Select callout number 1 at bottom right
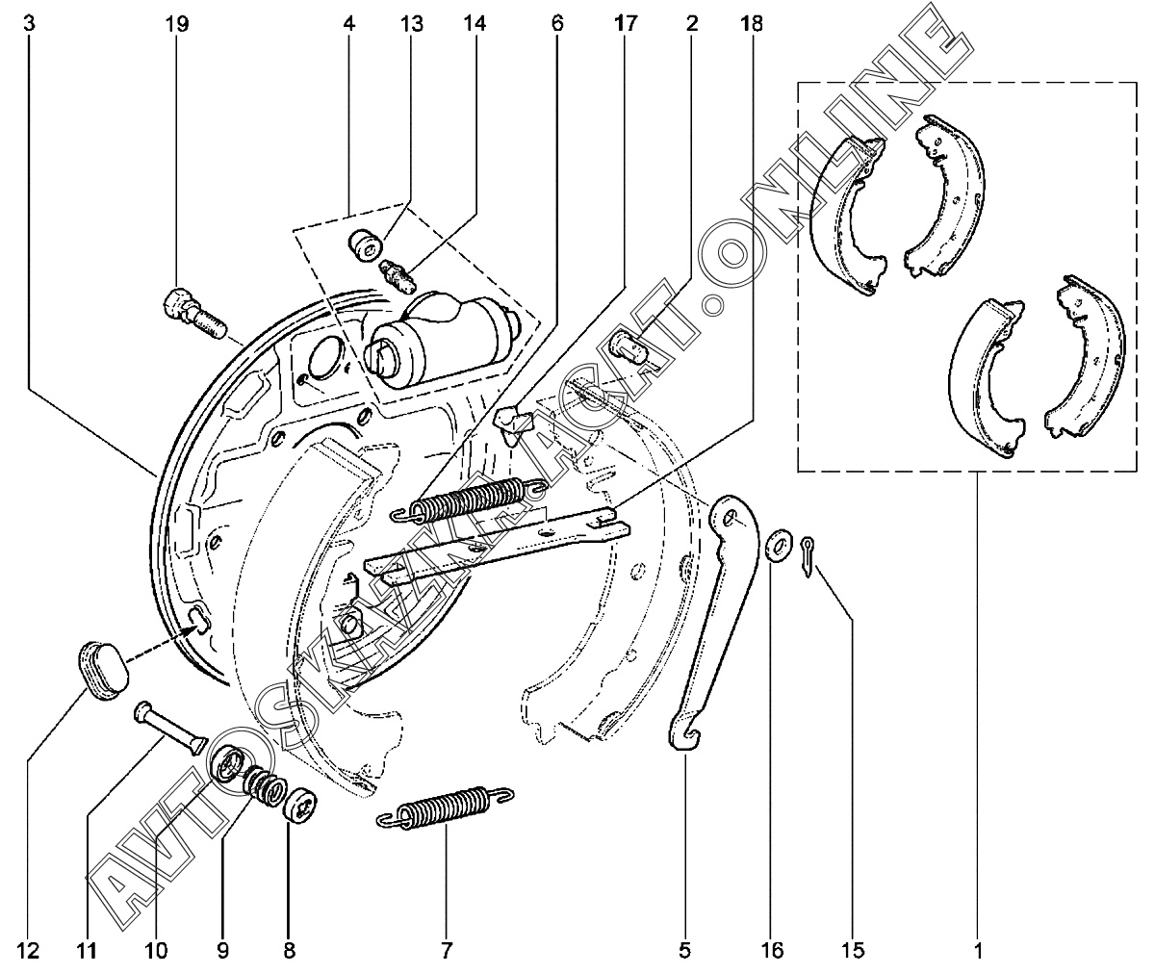coord(977,951)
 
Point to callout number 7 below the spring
coord(447,951)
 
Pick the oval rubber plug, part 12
coord(102,665)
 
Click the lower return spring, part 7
coord(444,807)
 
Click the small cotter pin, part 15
coord(807,557)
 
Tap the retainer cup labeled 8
coord(301,806)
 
